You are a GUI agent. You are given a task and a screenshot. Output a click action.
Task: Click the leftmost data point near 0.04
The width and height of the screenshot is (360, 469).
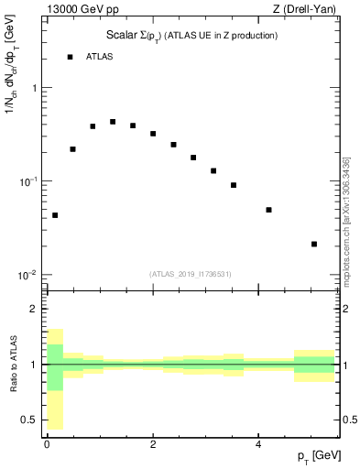coord(55,215)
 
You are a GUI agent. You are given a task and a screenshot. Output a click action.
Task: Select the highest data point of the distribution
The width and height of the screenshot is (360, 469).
coord(113,122)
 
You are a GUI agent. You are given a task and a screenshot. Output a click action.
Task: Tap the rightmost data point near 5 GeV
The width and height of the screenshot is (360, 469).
coord(314,244)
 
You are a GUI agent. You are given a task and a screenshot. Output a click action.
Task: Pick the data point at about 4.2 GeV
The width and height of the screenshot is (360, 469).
coord(268,210)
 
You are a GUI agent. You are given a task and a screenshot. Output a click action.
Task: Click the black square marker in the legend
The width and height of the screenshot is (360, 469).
coord(70,57)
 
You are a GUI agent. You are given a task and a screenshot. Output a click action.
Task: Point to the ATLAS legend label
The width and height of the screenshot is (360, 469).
coord(100,57)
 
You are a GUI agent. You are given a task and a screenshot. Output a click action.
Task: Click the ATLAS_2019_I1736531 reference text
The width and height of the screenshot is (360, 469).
coord(191,274)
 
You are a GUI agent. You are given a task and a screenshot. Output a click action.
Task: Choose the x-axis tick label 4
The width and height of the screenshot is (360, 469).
coord(259,443)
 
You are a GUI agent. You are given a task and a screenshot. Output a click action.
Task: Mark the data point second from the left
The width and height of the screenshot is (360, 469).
coord(72,148)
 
